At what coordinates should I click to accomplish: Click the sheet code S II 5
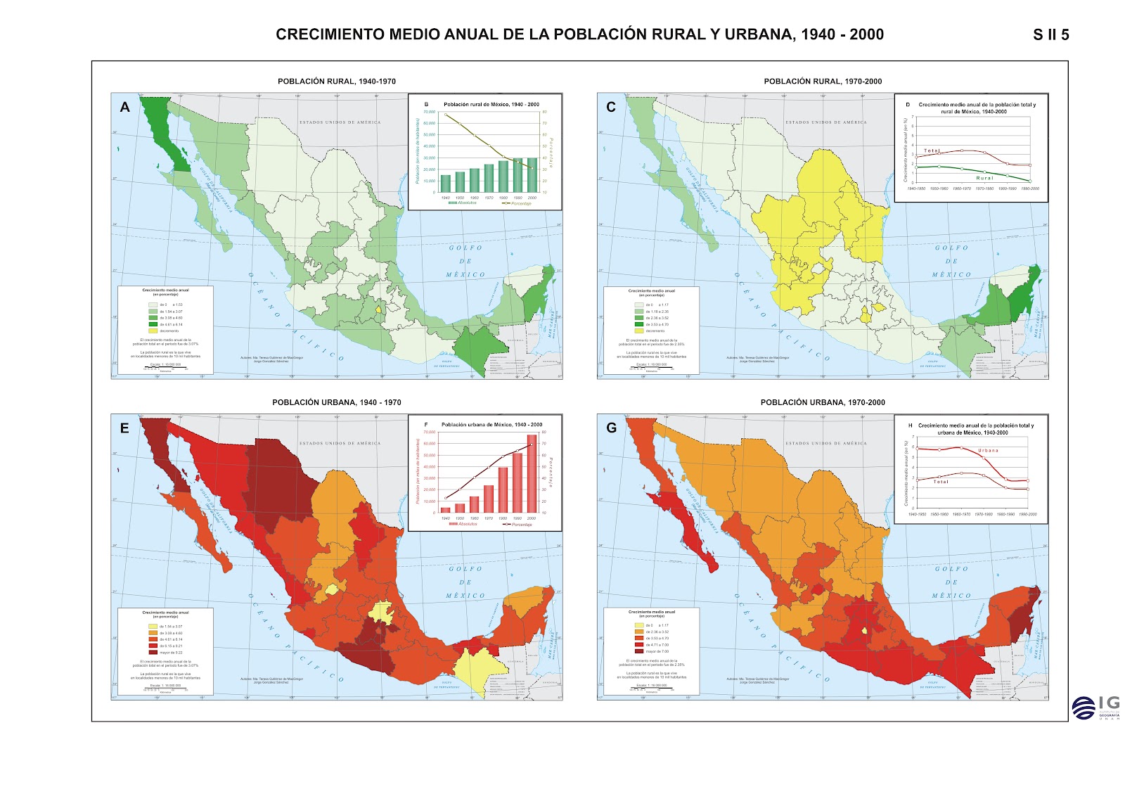[1050, 35]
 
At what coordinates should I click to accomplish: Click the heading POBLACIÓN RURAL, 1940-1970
[336, 82]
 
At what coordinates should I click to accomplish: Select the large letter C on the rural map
[611, 107]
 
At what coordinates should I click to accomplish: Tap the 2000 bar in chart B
[532, 174]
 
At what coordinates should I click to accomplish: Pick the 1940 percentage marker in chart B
[445, 115]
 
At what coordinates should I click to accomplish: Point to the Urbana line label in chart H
[987, 450]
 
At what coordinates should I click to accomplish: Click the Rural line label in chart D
[984, 178]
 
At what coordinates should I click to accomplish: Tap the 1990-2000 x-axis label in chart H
[1027, 514]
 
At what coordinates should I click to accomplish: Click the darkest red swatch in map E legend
[153, 652]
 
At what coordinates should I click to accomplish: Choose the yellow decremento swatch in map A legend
[153, 331]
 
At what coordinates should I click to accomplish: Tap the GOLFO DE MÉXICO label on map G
[951, 582]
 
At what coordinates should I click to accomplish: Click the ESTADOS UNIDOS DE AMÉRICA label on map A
[340, 122]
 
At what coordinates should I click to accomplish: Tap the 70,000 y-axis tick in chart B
[429, 112]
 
